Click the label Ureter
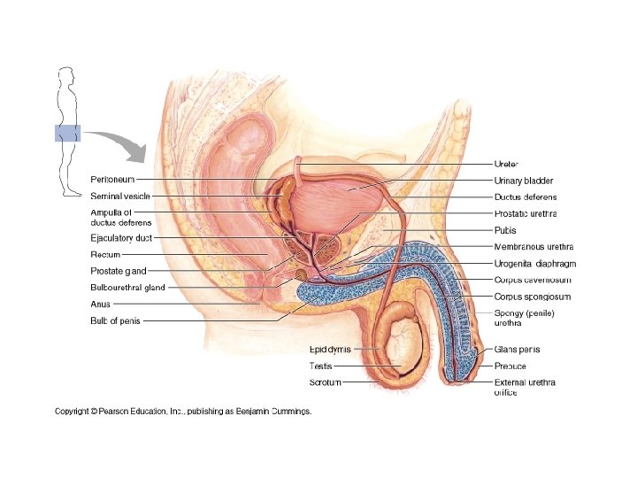(x=506, y=164)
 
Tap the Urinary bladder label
(x=524, y=181)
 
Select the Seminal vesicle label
(x=120, y=196)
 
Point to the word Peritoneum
(x=112, y=181)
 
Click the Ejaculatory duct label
(x=121, y=238)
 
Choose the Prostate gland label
(x=119, y=271)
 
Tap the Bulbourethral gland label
(x=127, y=288)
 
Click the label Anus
(x=100, y=304)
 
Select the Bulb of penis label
(x=116, y=320)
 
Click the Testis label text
(x=320, y=366)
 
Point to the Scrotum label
(x=325, y=382)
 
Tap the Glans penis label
(x=518, y=349)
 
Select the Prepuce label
(x=510, y=366)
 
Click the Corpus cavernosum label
(x=532, y=280)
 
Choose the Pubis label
(x=504, y=230)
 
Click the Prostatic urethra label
(x=526, y=213)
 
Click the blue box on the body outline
(x=68, y=134)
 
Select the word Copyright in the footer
(x=74, y=411)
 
